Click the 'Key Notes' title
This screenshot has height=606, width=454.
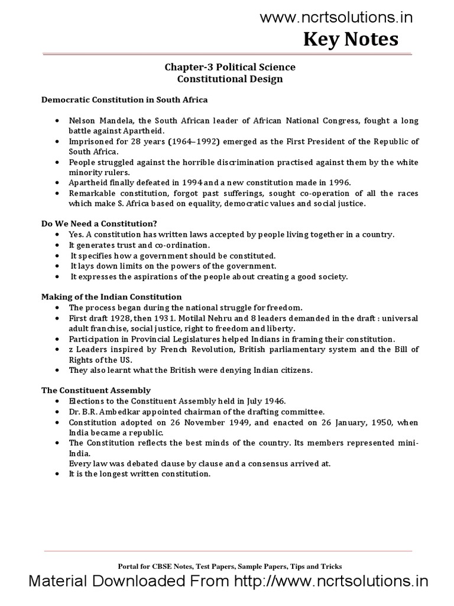351,40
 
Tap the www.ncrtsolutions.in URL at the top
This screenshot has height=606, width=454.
337,18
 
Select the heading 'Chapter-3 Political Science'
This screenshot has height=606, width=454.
230,67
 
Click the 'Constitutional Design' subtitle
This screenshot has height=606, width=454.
230,78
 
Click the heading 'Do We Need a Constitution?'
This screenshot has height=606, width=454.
99,224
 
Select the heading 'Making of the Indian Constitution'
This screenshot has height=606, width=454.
111,296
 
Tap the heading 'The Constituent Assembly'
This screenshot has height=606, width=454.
95,390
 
